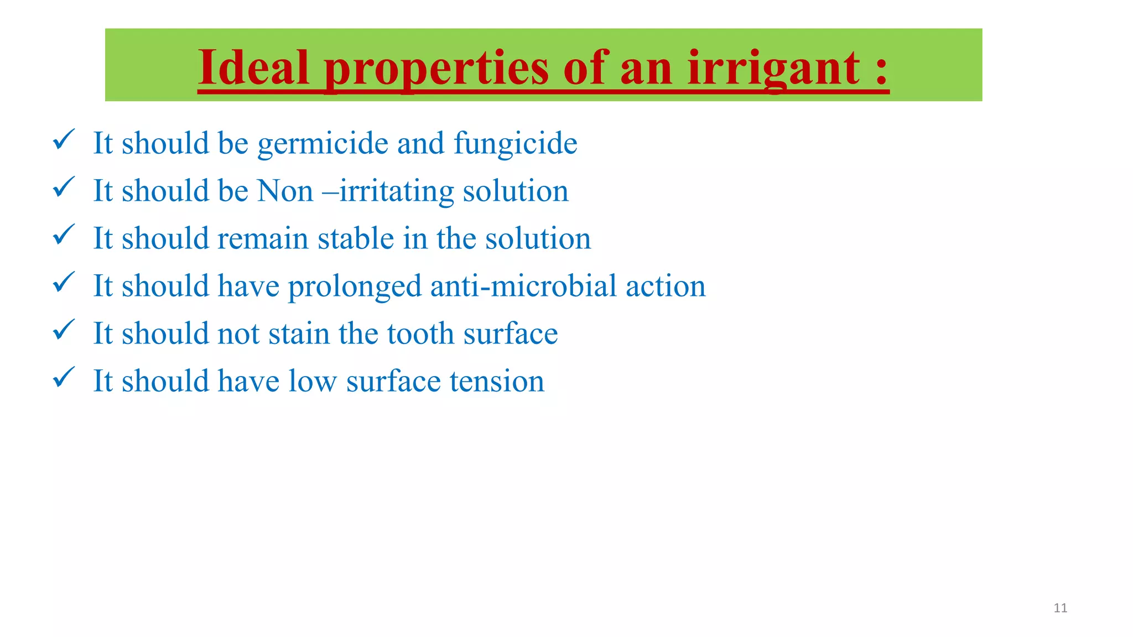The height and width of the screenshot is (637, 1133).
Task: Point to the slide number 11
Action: click(1060, 608)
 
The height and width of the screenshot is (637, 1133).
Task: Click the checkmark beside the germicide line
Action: click(64, 139)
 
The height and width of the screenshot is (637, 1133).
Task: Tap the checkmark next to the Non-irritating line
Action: click(64, 187)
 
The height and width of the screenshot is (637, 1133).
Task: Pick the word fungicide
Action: click(516, 144)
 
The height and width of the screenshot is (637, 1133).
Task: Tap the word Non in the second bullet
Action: click(285, 191)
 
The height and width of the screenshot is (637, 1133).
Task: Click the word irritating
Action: click(396, 191)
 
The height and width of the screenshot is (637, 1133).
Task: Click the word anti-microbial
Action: click(523, 286)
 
